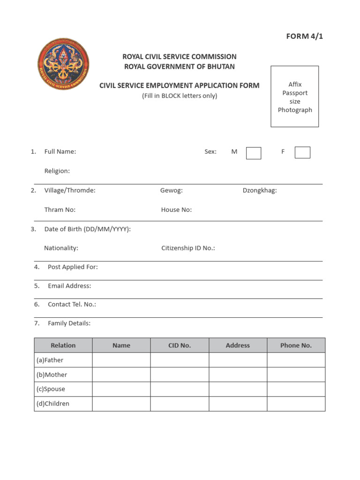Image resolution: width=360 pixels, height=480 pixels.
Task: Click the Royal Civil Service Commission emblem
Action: point(63,64)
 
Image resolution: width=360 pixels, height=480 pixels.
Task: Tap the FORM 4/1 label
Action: point(305,37)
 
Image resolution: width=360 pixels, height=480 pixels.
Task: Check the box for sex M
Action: point(254,153)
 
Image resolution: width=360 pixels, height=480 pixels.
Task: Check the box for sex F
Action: point(302,152)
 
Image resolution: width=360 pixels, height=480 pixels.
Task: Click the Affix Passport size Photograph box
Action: point(295,97)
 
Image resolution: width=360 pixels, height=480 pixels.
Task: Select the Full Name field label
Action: point(60,151)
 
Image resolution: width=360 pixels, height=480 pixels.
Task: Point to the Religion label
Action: point(57,171)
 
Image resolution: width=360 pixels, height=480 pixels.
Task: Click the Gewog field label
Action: point(171,190)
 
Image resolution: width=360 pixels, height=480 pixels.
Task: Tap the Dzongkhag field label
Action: point(260,190)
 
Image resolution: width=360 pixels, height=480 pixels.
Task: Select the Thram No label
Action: point(60,210)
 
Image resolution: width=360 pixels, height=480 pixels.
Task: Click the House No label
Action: point(176,210)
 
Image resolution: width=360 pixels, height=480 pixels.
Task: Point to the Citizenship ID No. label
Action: point(188,248)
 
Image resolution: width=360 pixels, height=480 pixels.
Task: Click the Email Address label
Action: point(69,285)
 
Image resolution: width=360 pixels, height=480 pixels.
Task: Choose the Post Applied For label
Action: point(73,267)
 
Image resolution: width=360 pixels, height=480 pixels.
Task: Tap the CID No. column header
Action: point(180,345)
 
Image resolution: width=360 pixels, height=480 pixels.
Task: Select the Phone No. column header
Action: point(296,345)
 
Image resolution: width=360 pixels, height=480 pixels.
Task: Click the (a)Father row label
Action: point(50,360)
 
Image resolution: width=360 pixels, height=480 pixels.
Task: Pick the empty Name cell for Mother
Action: point(121,375)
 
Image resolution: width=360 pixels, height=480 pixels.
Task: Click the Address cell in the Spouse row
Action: point(238,389)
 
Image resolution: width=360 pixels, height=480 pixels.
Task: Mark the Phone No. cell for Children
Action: point(296,404)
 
